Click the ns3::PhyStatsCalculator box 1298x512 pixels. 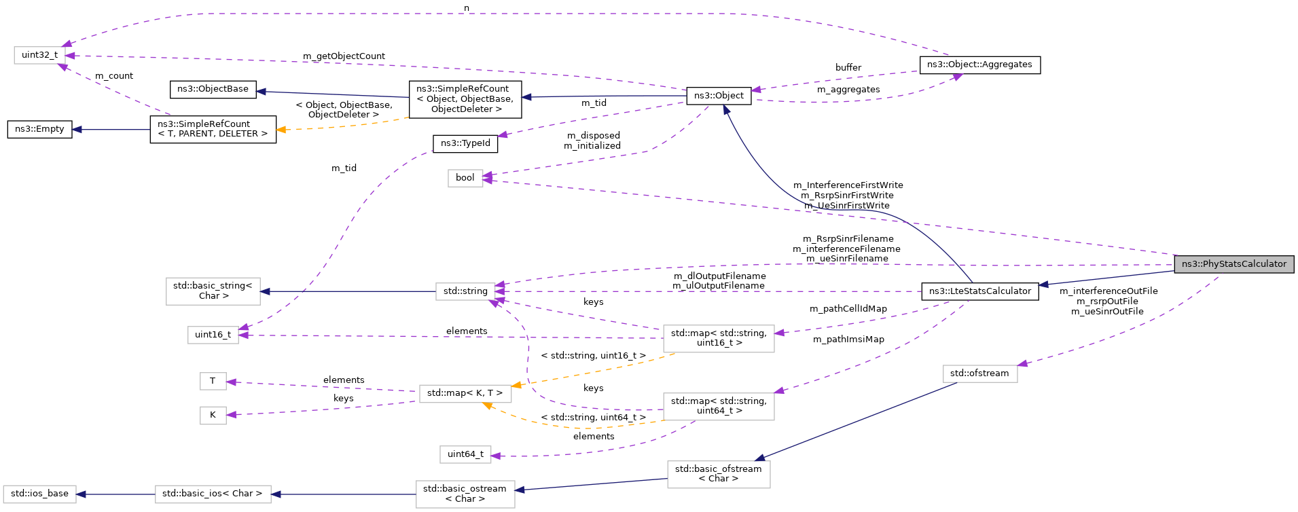click(1233, 264)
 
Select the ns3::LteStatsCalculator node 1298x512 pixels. click(979, 291)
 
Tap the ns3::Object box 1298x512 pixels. click(719, 96)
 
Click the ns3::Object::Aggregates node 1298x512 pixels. click(979, 65)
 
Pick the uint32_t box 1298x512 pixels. click(39, 55)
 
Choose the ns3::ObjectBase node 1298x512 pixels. click(213, 89)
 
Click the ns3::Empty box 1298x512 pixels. click(39, 129)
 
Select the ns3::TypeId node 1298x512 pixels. click(465, 143)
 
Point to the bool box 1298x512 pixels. click(465, 178)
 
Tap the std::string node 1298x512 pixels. click(465, 291)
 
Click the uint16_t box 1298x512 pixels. click(213, 335)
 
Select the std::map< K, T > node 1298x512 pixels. click(465, 393)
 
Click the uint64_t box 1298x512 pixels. click(465, 454)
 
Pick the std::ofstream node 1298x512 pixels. click(979, 373)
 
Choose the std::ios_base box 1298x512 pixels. click(39, 494)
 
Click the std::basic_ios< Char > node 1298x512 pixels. click(213, 494)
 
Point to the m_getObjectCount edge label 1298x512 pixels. click(344, 56)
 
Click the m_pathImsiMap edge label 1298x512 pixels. click(848, 340)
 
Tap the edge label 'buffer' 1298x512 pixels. click(848, 68)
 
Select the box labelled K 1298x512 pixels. click(213, 415)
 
